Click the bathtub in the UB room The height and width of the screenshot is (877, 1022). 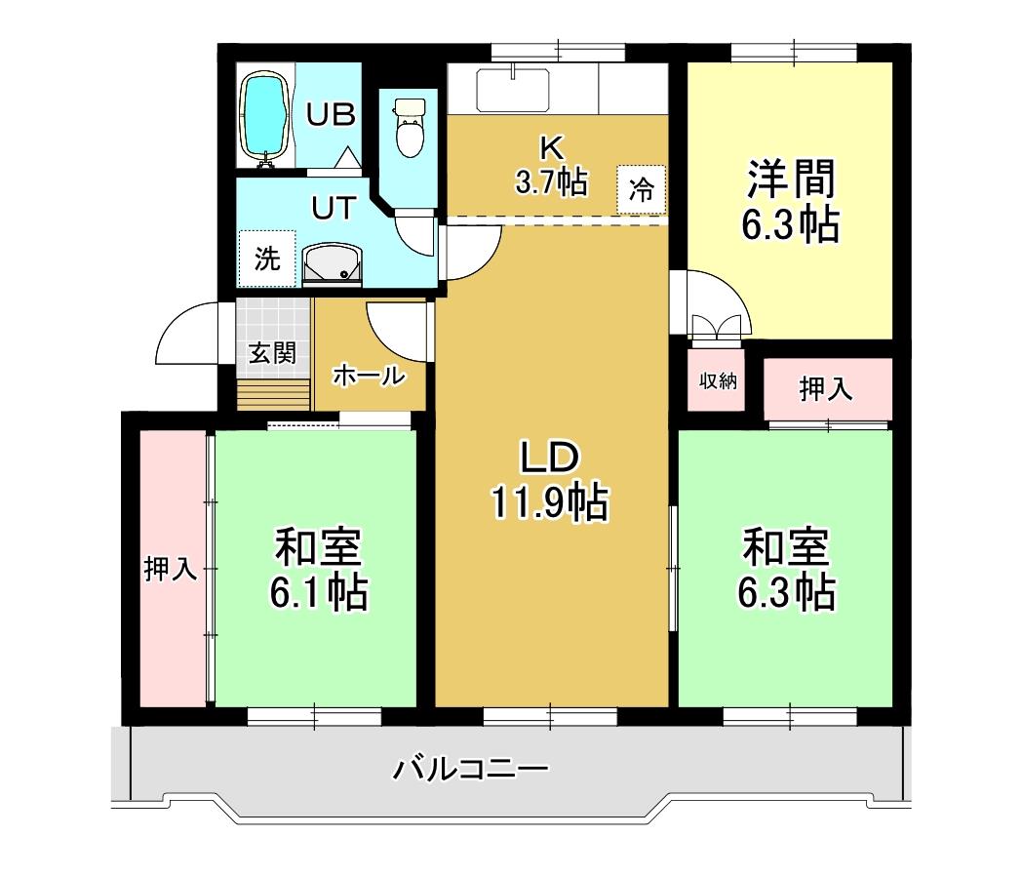click(x=264, y=119)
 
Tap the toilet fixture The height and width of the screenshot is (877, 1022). click(x=410, y=127)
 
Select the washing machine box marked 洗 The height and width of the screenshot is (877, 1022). click(x=267, y=259)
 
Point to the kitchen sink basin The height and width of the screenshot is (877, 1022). click(x=512, y=90)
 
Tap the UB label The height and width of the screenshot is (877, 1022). click(x=332, y=115)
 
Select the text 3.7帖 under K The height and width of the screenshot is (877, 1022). click(x=551, y=181)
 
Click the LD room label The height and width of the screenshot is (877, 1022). click(x=549, y=458)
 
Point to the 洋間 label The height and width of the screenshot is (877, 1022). click(x=791, y=179)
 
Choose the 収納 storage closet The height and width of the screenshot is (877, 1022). click(x=717, y=380)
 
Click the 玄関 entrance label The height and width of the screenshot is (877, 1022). click(x=272, y=353)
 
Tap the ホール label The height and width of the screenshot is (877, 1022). click(x=369, y=375)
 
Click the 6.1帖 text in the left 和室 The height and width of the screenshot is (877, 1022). click(x=319, y=591)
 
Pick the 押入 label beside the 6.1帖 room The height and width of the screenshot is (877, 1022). click(x=171, y=568)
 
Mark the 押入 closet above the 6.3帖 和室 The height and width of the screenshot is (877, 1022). click(x=828, y=389)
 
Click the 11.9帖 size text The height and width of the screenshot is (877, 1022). click(x=549, y=502)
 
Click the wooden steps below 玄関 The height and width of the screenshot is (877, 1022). click(x=273, y=394)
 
